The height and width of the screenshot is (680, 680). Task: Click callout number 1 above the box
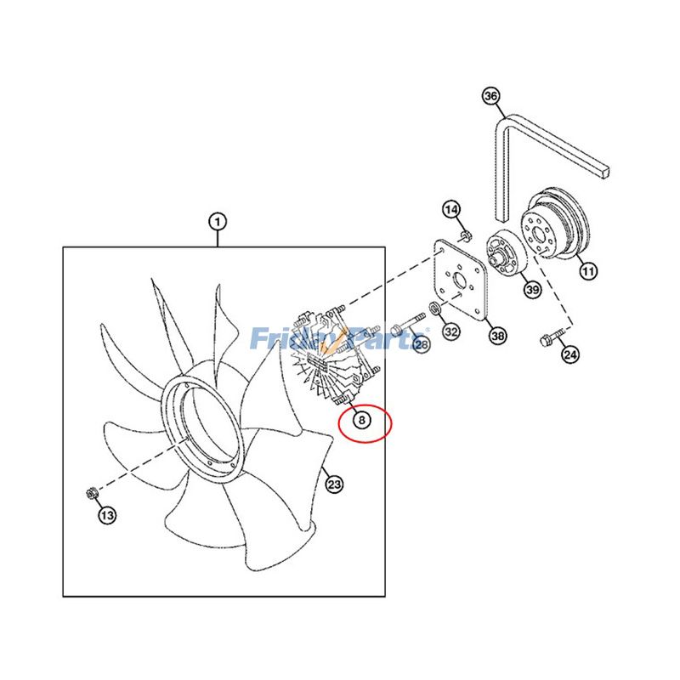(x=218, y=223)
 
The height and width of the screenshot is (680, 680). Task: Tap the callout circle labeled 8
(x=361, y=421)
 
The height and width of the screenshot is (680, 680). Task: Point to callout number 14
(x=451, y=210)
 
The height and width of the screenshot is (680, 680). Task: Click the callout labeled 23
(x=334, y=484)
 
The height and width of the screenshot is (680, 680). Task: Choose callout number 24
(x=569, y=354)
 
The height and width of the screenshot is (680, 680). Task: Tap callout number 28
(x=422, y=343)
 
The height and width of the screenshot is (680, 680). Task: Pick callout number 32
(x=451, y=331)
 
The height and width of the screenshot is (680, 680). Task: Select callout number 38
(x=497, y=337)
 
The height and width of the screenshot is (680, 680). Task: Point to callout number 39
(x=531, y=290)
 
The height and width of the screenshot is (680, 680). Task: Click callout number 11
(x=587, y=271)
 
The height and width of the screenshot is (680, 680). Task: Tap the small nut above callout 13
(x=93, y=492)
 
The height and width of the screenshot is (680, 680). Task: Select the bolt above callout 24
(x=547, y=340)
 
